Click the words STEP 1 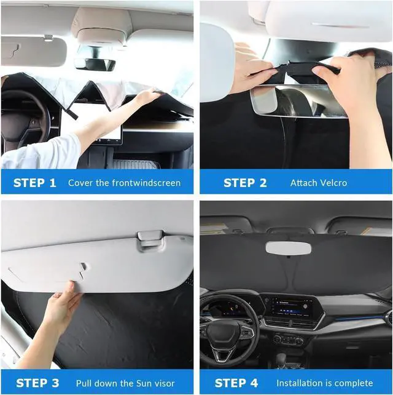35,183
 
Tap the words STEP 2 245,183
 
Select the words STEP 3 37,383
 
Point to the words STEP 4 236,383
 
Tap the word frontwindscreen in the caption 146,183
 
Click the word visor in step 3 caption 164,383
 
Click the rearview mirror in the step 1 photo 95,65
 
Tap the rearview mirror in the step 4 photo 288,248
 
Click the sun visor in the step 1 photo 33,51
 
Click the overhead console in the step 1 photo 101,28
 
